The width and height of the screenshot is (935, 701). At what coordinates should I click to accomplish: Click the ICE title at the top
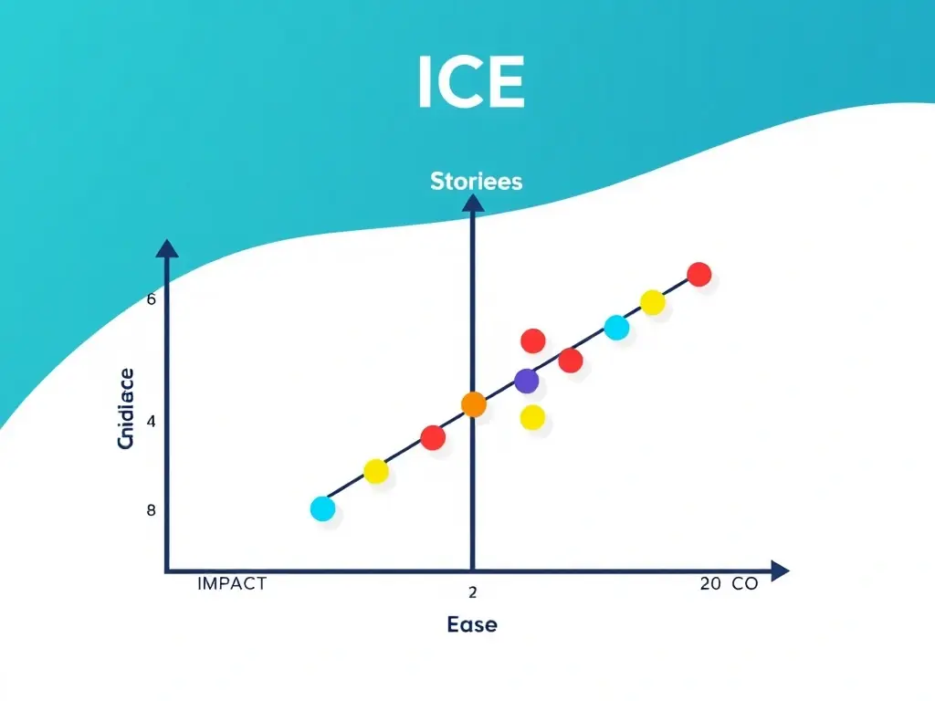(471, 83)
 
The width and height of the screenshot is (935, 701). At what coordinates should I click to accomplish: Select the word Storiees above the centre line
(476, 181)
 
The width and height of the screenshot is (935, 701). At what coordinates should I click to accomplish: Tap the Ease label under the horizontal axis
(472, 624)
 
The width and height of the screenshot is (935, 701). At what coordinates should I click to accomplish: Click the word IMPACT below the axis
(232, 584)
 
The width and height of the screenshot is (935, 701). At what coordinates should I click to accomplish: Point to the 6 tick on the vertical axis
(152, 299)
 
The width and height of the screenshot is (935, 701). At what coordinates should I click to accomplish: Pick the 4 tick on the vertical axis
(152, 422)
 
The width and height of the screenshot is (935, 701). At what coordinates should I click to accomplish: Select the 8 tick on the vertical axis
(152, 510)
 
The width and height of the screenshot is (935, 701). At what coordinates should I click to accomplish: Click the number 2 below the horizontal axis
(472, 592)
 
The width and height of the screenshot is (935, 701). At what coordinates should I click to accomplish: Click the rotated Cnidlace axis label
(126, 408)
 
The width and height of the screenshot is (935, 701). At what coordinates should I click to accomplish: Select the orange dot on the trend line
(473, 404)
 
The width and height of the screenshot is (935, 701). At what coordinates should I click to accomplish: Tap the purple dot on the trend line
(526, 382)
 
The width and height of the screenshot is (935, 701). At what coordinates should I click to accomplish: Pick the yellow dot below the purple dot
(532, 418)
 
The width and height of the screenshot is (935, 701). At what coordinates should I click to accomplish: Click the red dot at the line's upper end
(699, 274)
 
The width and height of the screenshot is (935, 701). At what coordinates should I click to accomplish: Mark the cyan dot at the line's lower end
(322, 508)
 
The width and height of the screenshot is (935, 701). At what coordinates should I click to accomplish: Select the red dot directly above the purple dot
(532, 340)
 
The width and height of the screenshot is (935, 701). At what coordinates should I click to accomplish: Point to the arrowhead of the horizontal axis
(779, 571)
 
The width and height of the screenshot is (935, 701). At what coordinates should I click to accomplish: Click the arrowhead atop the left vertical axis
(166, 248)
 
